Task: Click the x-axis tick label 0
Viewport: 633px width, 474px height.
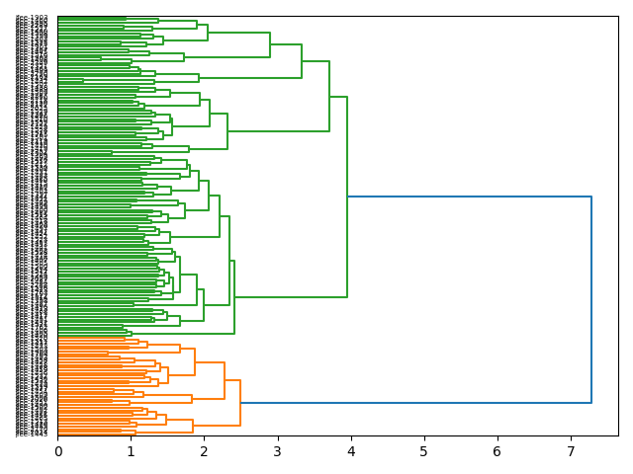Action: pyautogui.click(x=58, y=451)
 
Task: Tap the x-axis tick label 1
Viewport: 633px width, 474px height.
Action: pyautogui.click(x=132, y=451)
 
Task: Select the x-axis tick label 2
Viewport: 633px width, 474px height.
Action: pyautogui.click(x=205, y=451)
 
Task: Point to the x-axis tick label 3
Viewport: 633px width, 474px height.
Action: pyautogui.click(x=278, y=451)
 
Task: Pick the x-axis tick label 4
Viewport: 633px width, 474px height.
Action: pyautogui.click(x=351, y=451)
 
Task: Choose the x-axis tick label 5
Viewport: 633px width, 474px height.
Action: pyautogui.click(x=424, y=451)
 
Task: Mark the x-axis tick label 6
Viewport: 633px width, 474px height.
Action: pyautogui.click(x=497, y=451)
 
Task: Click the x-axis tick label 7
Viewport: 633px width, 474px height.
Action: pyautogui.click(x=571, y=451)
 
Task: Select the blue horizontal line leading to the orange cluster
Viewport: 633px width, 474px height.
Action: pyautogui.click(x=415, y=403)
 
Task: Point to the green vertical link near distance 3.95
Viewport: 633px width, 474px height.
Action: pyautogui.click(x=347, y=197)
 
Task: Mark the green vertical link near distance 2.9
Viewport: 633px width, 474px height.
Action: pyautogui.click(x=270, y=44)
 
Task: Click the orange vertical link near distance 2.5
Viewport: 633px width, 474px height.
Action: pyautogui.click(x=240, y=403)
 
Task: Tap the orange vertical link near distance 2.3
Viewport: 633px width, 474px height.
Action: pyautogui.click(x=225, y=381)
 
